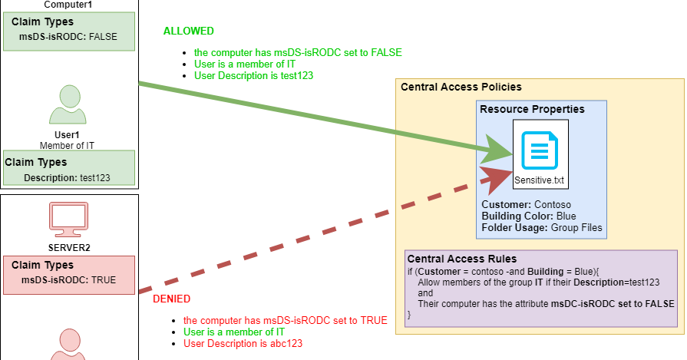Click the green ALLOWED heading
(x=188, y=31)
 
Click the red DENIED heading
(x=171, y=299)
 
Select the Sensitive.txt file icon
(x=539, y=150)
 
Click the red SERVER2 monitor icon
(x=69, y=220)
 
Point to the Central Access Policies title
(x=461, y=87)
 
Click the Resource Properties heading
(x=532, y=109)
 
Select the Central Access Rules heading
(x=461, y=259)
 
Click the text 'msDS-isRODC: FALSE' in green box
(x=68, y=36)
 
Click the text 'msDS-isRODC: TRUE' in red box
(x=68, y=280)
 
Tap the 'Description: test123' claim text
(x=67, y=177)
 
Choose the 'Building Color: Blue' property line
(x=528, y=216)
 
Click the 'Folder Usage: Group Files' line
(x=542, y=228)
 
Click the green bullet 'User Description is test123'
(x=253, y=76)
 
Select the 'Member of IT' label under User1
(x=67, y=144)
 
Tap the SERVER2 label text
(x=69, y=248)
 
